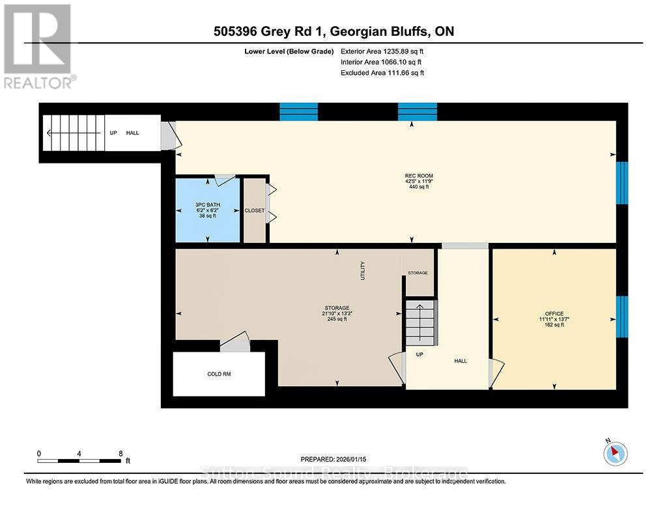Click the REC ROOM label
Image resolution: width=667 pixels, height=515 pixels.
tap(419, 176)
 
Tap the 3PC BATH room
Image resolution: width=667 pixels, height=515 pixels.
tap(208, 210)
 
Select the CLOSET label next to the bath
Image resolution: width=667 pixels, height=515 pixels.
tap(254, 211)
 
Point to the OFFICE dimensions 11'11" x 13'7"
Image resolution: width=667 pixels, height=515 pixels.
tap(550, 320)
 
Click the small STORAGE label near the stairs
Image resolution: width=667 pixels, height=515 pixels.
tap(418, 273)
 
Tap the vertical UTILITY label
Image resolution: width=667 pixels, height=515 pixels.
tap(363, 270)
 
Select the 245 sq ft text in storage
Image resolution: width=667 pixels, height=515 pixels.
tap(337, 319)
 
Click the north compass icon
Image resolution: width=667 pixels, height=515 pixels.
tap(616, 452)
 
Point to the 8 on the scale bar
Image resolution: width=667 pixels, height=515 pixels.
tap(121, 453)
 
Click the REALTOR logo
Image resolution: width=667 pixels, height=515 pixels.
tap(38, 46)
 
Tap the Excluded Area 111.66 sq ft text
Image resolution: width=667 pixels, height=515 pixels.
tap(382, 73)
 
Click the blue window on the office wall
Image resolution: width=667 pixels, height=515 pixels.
tap(621, 316)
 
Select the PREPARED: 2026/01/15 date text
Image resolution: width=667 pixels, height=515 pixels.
tap(333, 459)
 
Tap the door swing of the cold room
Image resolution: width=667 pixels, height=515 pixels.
tap(236, 342)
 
